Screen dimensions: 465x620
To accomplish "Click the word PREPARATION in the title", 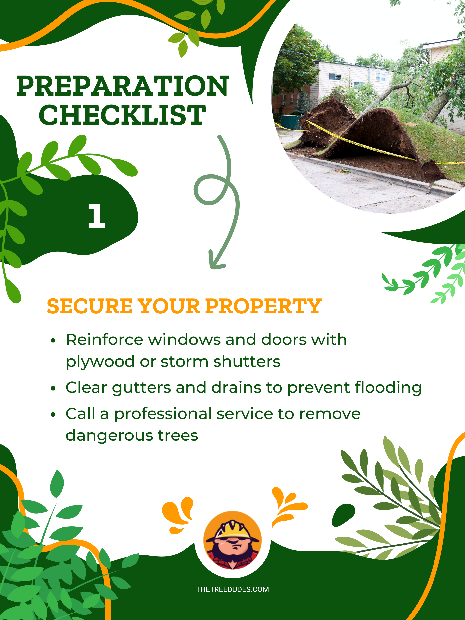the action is [x=123, y=86].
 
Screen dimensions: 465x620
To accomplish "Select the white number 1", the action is [x=96, y=216].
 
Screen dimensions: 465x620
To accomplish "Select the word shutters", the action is [x=247, y=361].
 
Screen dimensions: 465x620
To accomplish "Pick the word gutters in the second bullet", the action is [x=142, y=388].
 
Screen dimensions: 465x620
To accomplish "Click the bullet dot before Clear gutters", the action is [x=53, y=388].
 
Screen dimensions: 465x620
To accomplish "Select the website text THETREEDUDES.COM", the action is [x=232, y=589].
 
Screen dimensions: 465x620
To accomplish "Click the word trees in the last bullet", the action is [x=178, y=435].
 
